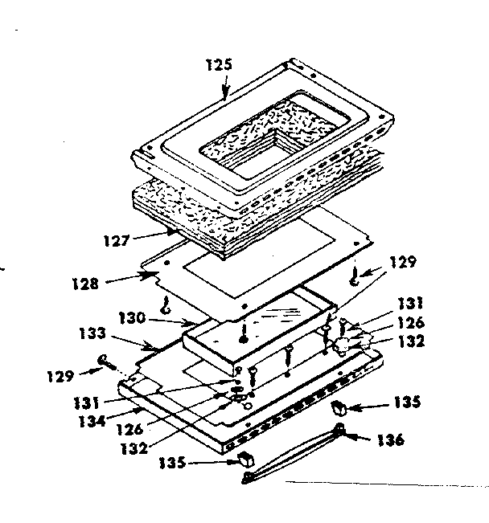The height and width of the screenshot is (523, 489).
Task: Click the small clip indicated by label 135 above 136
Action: (x=340, y=405)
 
